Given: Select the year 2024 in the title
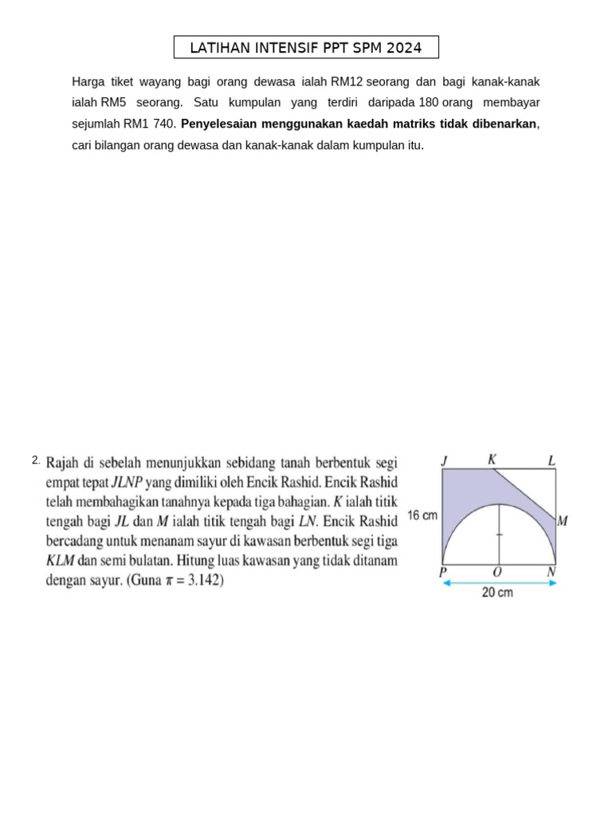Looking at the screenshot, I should pyautogui.click(x=402, y=48).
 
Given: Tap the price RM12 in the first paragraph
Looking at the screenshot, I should pyautogui.click(x=347, y=81).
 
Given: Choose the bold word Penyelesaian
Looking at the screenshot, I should pyautogui.click(x=222, y=124).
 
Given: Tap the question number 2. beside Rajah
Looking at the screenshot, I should pyautogui.click(x=36, y=460).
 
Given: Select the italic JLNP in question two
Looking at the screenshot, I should pyautogui.click(x=126, y=482).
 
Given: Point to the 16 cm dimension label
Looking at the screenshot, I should pyautogui.click(x=422, y=515).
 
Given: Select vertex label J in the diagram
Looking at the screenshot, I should pyautogui.click(x=445, y=460).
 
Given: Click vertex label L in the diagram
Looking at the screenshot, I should pyautogui.click(x=551, y=460).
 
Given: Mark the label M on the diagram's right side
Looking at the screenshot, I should pyautogui.click(x=563, y=522).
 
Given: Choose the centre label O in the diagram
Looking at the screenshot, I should pyautogui.click(x=498, y=571).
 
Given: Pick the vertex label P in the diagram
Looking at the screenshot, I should pyautogui.click(x=444, y=571).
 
